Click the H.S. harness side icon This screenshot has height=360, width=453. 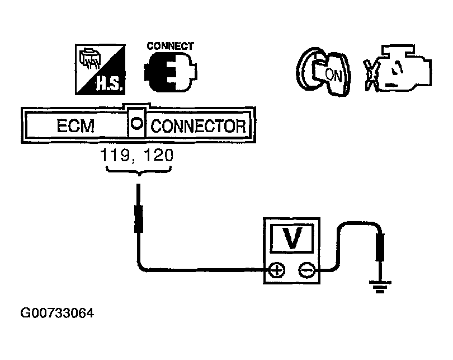click(100, 69)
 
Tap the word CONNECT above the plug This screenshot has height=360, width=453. click(171, 46)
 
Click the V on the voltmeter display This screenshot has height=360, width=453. click(293, 239)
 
